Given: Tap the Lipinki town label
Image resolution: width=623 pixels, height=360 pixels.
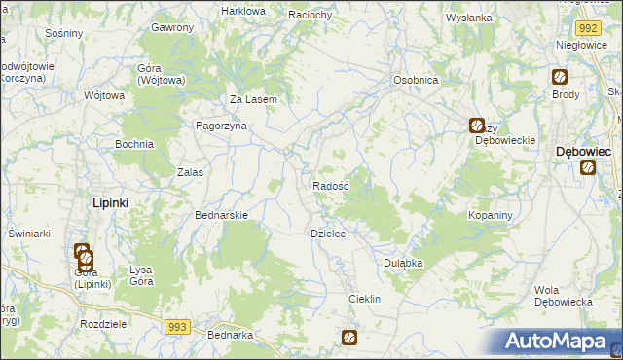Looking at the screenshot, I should tap(110, 202).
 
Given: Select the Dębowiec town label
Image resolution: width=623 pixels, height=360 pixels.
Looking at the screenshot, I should tap(583, 152).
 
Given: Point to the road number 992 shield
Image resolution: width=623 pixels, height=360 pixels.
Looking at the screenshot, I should tap(586, 29).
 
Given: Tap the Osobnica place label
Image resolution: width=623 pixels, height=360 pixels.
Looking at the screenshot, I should tap(415, 80).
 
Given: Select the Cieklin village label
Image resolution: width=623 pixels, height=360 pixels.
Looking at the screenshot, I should tap(364, 299).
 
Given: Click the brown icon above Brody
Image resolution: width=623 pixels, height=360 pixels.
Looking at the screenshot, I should tap(560, 77).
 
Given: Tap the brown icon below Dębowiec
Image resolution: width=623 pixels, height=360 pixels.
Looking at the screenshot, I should tap(588, 167).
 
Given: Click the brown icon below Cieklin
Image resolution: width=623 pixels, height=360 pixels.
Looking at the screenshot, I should tap(349, 338).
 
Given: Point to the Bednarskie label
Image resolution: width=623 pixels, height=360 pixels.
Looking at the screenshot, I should tap(223, 215).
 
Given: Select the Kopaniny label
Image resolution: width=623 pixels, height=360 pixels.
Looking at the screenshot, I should tap(490, 214).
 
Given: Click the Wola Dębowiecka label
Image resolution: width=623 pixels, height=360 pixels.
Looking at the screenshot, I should tap(564, 296).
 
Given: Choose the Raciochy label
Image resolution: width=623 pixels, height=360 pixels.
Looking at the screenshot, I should tap(312, 16).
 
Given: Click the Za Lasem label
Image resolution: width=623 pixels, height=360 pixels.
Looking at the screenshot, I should tap(254, 99).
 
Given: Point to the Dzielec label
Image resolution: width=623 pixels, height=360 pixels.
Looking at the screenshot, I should tap(328, 234).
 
